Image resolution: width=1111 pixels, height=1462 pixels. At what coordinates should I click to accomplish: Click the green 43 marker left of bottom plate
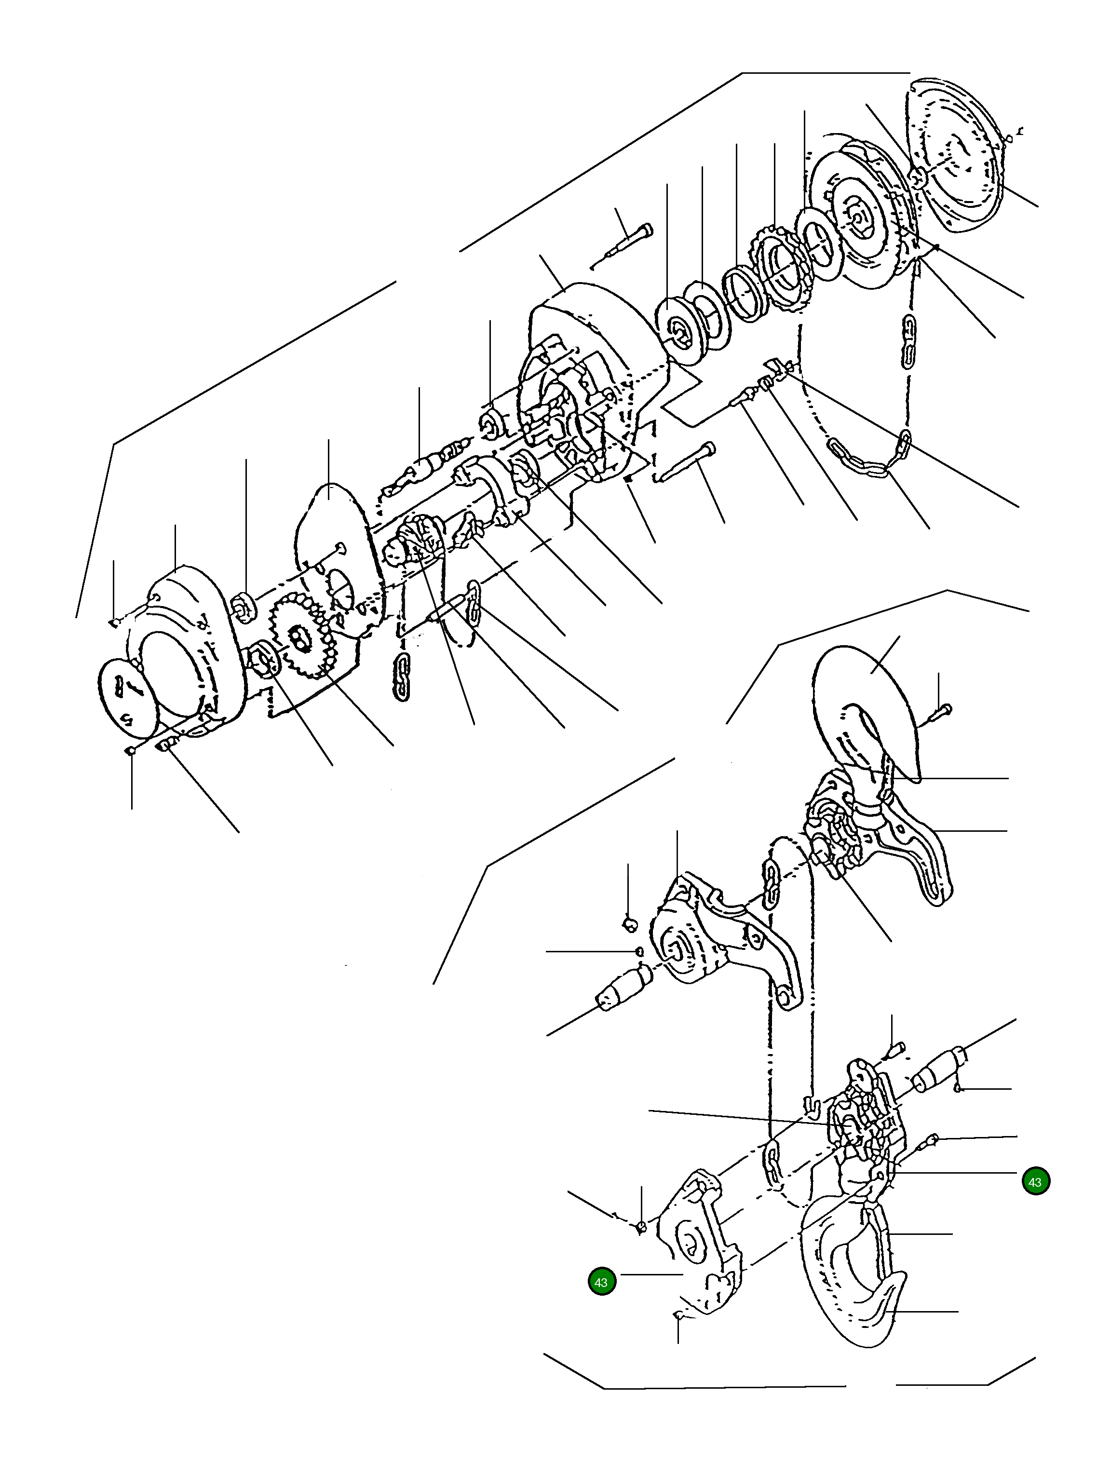click(x=601, y=1282)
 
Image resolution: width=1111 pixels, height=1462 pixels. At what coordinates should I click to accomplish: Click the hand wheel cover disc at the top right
click(x=959, y=155)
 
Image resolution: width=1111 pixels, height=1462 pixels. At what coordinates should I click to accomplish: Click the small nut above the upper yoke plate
click(x=630, y=923)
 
